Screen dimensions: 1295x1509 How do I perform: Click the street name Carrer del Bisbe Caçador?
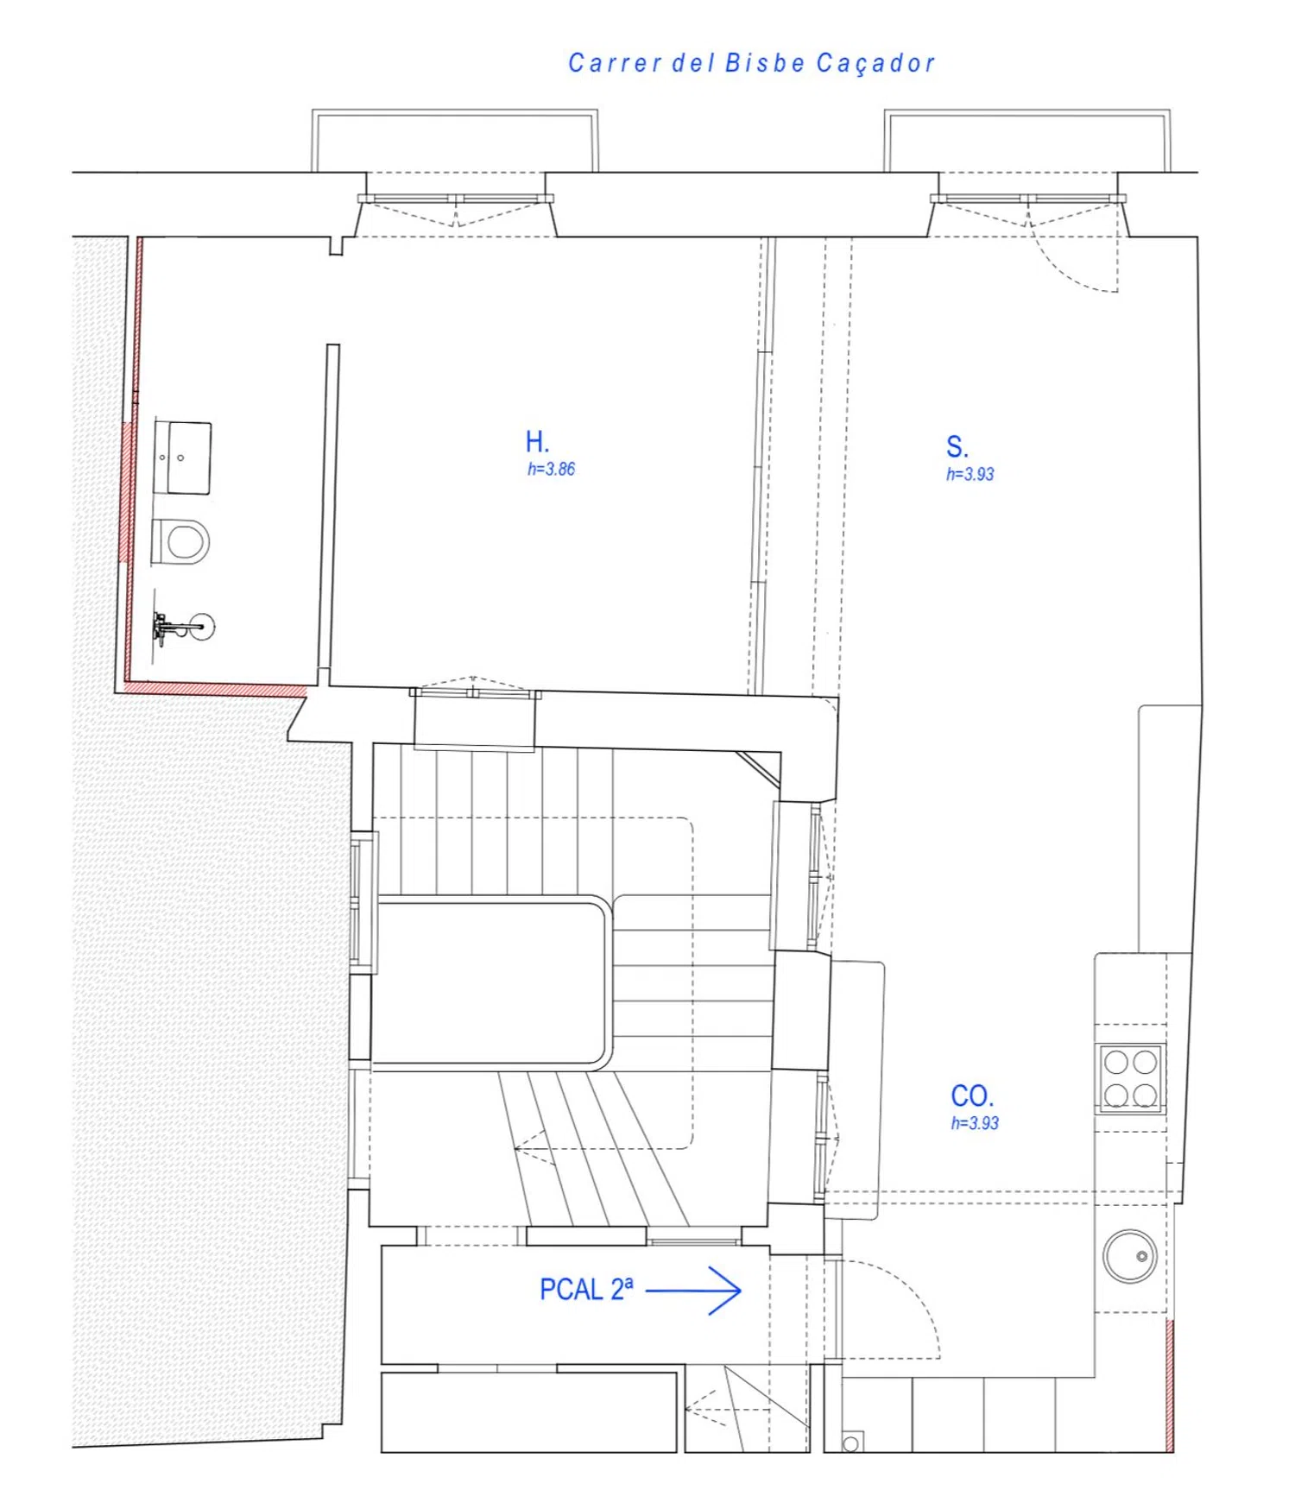[751, 63]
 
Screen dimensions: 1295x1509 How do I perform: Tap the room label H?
[537, 442]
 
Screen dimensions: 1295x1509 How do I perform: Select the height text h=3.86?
[551, 469]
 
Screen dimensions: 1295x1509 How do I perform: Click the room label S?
[957, 447]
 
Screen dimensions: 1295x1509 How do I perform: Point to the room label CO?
[972, 1096]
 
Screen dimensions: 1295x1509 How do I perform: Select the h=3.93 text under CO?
[975, 1123]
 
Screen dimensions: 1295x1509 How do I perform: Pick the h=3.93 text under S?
[970, 474]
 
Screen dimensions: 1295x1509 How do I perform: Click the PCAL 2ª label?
[586, 1289]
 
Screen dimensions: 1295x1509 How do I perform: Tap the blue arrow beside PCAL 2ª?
[694, 1291]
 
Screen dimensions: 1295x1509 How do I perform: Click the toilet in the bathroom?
[180, 541]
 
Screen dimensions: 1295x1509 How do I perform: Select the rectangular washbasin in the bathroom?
[182, 458]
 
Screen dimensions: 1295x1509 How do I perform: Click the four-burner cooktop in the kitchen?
[1131, 1077]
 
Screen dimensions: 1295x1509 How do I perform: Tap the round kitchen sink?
[1130, 1256]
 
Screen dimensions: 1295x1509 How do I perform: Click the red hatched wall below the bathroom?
[216, 689]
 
